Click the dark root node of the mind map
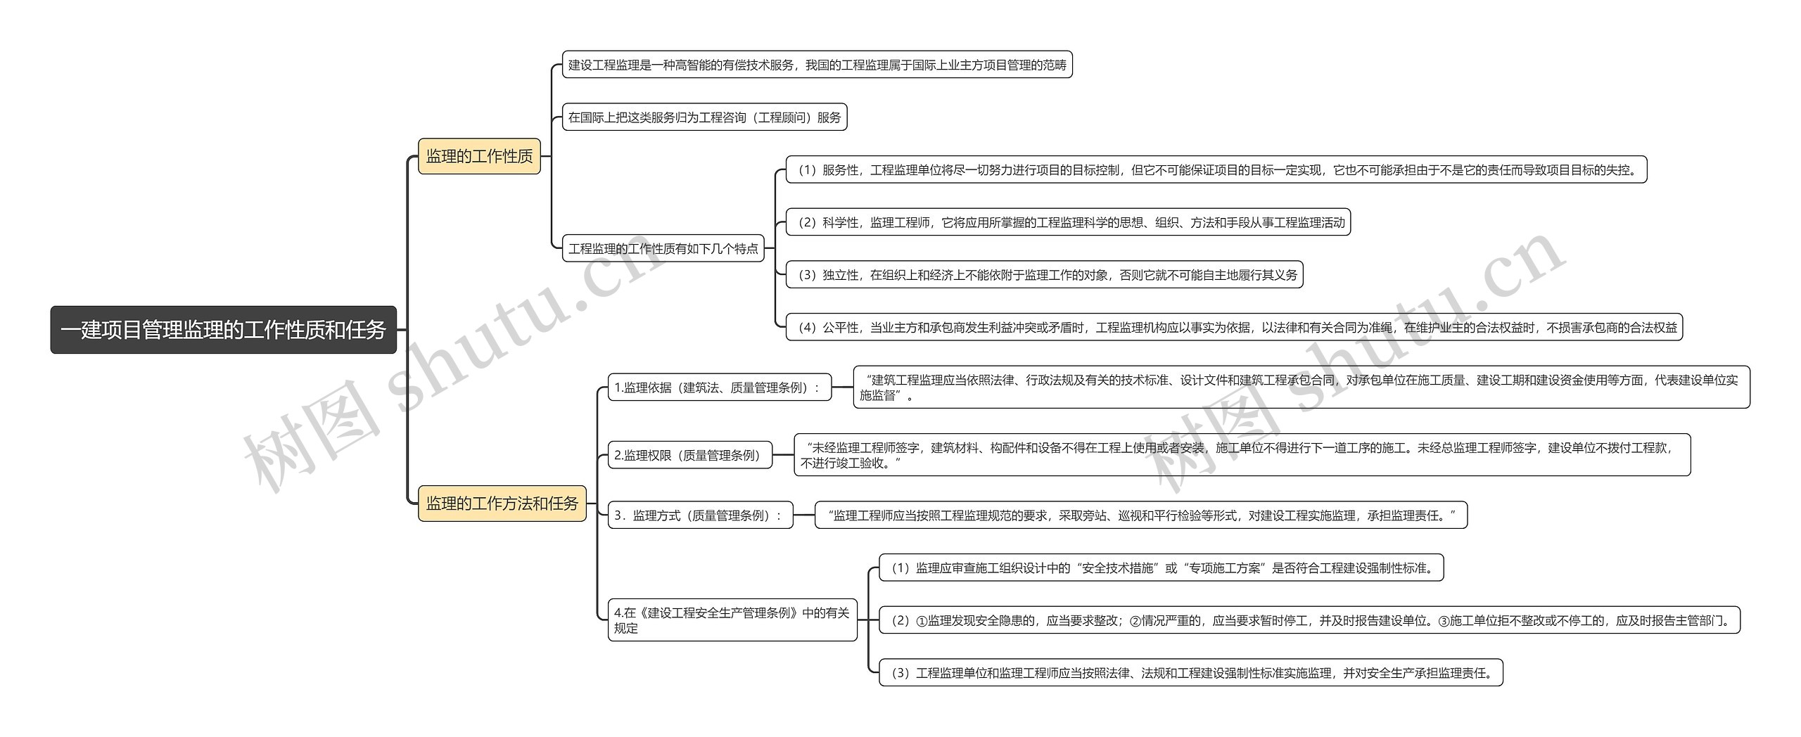click(x=224, y=329)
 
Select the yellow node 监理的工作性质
click(x=480, y=156)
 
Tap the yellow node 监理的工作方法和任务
click(x=502, y=504)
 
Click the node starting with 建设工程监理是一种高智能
click(x=817, y=65)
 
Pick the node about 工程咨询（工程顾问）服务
click(x=705, y=117)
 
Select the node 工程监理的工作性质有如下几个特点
click(x=663, y=248)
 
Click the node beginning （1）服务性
click(x=1216, y=169)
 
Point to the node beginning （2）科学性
click(x=1068, y=222)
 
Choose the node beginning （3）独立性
click(x=1045, y=274)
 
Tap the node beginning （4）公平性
click(x=1234, y=327)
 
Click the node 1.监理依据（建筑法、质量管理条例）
click(x=720, y=387)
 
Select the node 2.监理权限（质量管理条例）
click(x=690, y=455)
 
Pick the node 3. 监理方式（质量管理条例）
click(x=701, y=515)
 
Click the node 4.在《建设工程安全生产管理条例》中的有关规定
click(x=732, y=620)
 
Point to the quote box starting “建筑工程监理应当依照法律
click(x=1302, y=387)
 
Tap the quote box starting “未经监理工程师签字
click(x=1242, y=455)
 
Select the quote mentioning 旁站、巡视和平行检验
click(x=1141, y=515)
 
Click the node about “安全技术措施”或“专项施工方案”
click(x=1162, y=568)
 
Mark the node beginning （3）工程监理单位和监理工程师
click(x=1191, y=672)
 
